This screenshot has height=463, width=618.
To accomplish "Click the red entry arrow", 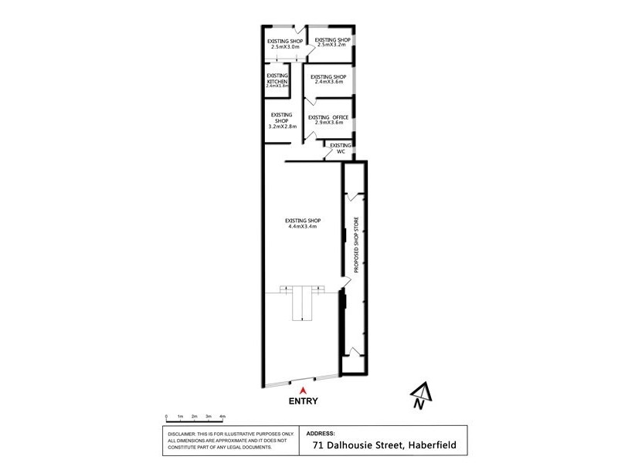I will point(304,390).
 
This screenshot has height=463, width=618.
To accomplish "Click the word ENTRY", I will point(304,401).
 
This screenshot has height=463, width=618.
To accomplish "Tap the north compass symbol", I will point(418,396).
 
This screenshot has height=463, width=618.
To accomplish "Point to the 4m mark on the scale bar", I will point(222,417).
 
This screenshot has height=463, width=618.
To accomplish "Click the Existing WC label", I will point(340,148).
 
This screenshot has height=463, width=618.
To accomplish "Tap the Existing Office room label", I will point(328,117).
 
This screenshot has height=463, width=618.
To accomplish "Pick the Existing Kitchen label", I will point(277,79).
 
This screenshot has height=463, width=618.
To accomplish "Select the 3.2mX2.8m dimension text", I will point(281,126).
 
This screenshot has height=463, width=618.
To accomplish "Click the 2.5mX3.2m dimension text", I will point(333,44).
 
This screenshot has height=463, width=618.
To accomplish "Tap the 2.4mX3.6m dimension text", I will point(328,82).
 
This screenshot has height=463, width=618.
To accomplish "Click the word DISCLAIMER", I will point(182,434).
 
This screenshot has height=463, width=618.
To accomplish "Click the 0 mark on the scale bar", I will point(166,417).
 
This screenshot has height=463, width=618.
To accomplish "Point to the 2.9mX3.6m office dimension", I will point(328,123).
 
